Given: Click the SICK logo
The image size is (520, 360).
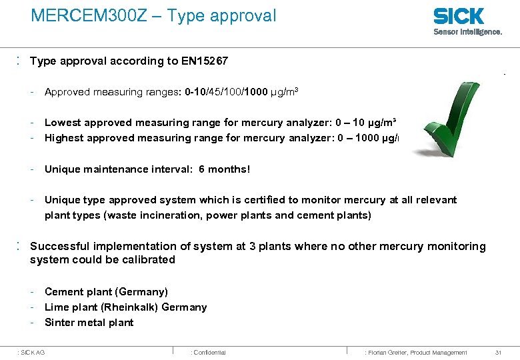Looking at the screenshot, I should click(x=459, y=16).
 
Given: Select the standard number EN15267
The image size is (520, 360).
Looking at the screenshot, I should click(x=204, y=61).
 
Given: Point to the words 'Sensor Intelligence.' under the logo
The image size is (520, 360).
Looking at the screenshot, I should click(x=468, y=31).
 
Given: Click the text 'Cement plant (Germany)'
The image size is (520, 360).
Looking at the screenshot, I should click(x=106, y=292).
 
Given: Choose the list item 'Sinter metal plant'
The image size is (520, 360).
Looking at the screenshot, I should click(x=89, y=323).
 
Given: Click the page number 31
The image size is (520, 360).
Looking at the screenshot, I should click(x=499, y=352).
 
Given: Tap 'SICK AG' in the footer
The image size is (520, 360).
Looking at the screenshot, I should click(x=33, y=352).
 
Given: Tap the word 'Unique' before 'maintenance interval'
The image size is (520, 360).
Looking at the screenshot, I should click(x=62, y=169).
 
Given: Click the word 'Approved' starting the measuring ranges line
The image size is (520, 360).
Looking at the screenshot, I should click(x=67, y=92).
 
